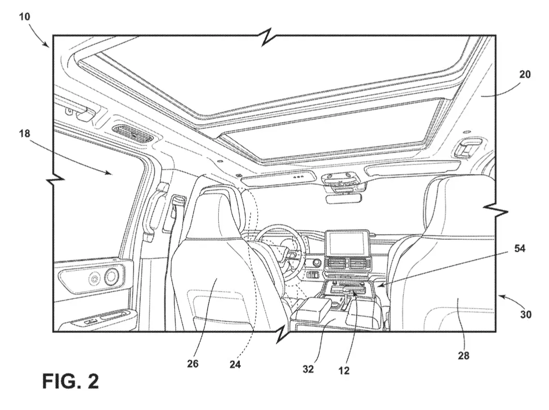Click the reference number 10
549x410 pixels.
tap(24, 17)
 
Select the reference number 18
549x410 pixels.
tap(24, 133)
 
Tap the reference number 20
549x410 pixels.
tap(525, 74)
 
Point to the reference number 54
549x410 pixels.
tap(520, 249)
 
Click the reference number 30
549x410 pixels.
tap(526, 314)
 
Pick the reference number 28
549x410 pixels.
tap(464, 356)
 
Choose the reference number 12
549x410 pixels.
tap(344, 370)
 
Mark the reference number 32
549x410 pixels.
tap(308, 369)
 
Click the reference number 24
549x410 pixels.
tap(235, 365)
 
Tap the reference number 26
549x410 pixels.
tap(193, 364)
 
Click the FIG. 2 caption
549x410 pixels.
tap(70, 381)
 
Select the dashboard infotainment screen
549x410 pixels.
tap(347, 243)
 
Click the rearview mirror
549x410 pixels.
tap(343, 199)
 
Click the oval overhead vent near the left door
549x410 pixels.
tap(133, 134)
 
